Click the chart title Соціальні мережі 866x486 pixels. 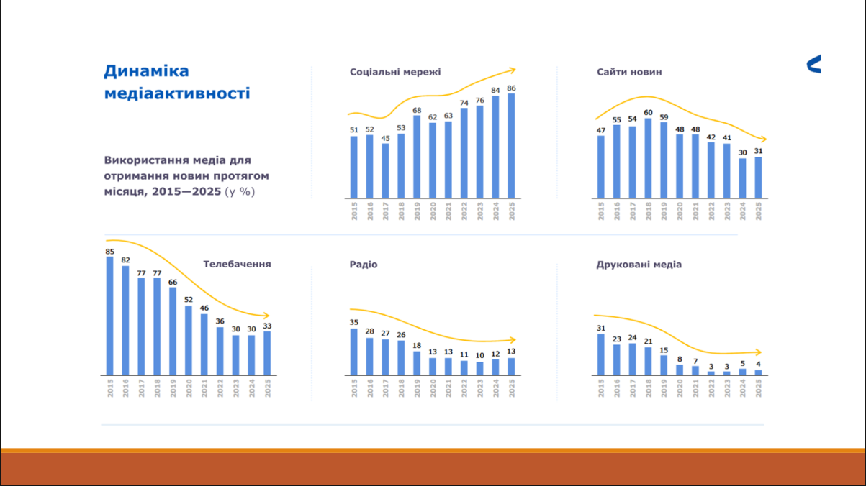395,72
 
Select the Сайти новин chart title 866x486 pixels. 629,72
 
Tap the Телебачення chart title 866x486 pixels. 237,264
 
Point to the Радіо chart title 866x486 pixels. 364,265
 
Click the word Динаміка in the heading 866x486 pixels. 146,71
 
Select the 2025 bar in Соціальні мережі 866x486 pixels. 511,145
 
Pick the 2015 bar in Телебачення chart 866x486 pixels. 110,316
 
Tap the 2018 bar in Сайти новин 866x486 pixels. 648,157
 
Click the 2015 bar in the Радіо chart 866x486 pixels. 354,352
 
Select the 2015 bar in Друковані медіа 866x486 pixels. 601,354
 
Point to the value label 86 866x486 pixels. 511,88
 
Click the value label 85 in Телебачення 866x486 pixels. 110,252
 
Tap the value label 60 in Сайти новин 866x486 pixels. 648,113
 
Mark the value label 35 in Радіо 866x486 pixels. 354,323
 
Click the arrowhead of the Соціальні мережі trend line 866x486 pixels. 513,70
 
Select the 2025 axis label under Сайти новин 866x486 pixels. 758,210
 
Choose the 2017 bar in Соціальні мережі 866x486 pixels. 385,170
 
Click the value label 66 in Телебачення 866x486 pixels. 173,282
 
